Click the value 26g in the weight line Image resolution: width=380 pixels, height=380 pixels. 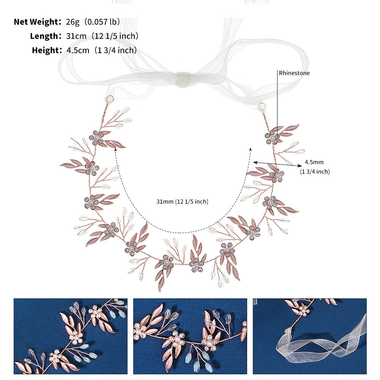pyautogui.click(x=73, y=22)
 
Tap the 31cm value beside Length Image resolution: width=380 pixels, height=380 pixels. pyautogui.click(x=76, y=36)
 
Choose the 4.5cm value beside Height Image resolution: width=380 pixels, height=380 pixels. pyautogui.click(x=78, y=50)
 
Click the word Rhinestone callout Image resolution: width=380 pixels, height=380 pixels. pyautogui.click(x=294, y=73)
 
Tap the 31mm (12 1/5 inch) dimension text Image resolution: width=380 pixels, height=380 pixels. pyautogui.click(x=182, y=202)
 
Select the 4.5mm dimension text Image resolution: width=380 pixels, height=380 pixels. pyautogui.click(x=314, y=162)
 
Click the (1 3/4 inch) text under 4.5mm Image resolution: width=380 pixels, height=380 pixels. pyautogui.click(x=315, y=172)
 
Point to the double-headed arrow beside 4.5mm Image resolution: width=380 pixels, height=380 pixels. pyautogui.click(x=278, y=164)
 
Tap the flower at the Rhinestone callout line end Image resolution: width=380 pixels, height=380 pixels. pyautogui.click(x=272, y=137)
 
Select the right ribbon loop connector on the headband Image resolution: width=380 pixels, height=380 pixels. pyautogui.click(x=262, y=107)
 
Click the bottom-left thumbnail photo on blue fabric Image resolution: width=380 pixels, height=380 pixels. pyautogui.click(x=71, y=336)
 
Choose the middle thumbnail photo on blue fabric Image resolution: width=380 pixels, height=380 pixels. pyautogui.click(x=190, y=336)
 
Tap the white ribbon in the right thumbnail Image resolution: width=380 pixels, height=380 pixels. pyautogui.click(x=322, y=344)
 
